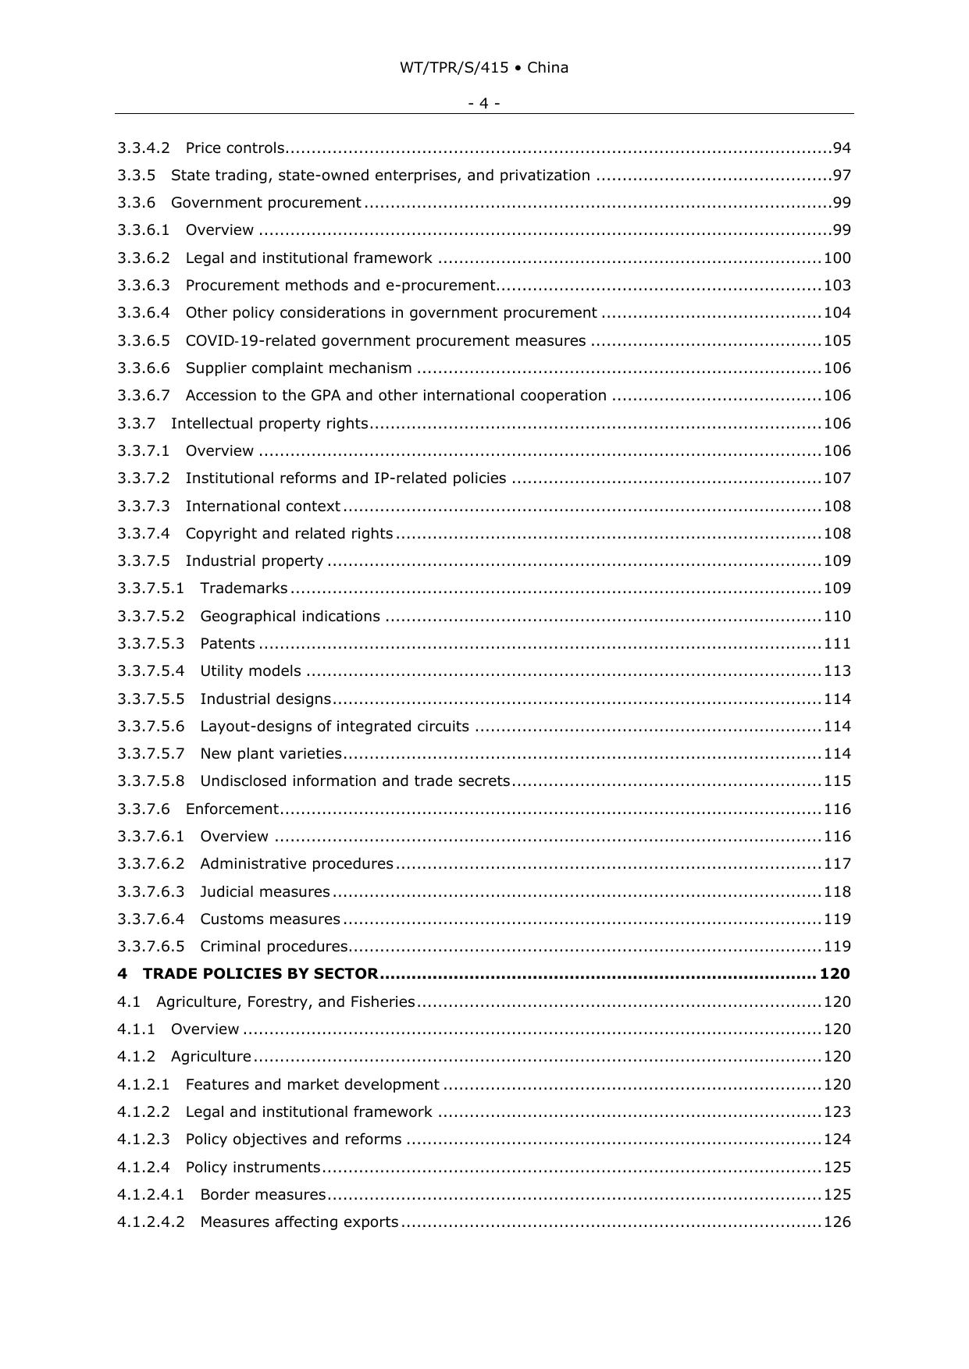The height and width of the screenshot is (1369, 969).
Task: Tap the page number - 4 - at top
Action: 484,103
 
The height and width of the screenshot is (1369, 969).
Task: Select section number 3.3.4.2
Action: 144,148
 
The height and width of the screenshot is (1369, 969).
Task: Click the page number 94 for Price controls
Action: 842,148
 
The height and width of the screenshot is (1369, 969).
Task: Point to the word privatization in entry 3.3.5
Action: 547,176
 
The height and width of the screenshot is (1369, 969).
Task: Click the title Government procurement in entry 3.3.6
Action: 265,203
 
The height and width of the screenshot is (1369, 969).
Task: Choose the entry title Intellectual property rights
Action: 269,424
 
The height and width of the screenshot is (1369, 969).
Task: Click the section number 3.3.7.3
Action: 144,507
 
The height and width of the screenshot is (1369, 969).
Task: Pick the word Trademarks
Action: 244,588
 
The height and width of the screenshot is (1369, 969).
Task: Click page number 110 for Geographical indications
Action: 837,617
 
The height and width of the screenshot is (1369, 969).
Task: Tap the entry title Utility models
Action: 250,671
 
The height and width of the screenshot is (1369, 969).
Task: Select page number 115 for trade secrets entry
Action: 837,781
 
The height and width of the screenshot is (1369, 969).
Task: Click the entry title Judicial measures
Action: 265,892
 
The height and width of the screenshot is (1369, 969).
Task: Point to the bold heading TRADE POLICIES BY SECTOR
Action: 260,974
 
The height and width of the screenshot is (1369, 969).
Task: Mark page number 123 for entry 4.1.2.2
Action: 837,1112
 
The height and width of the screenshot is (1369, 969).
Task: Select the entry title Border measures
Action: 262,1195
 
